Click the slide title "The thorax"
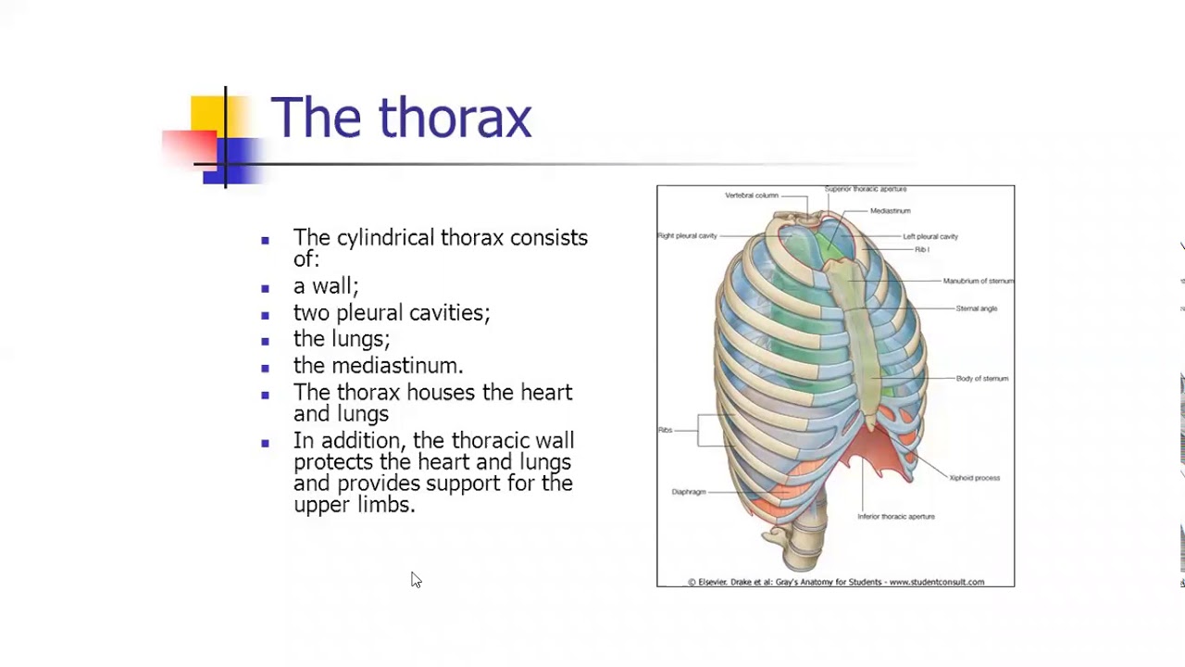pyautogui.click(x=401, y=119)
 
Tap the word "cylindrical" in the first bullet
pyautogui.click(x=386, y=238)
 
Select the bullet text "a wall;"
pyautogui.click(x=326, y=286)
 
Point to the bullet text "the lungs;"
pyautogui.click(x=342, y=339)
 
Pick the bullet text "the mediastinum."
pyautogui.click(x=378, y=366)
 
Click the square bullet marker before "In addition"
pyautogui.click(x=266, y=443)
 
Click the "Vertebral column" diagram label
pyautogui.click(x=751, y=195)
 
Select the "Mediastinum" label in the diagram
pyautogui.click(x=890, y=211)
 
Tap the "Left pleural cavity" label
pyautogui.click(x=929, y=236)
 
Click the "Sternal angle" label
pyautogui.click(x=976, y=308)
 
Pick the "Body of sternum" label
pyautogui.click(x=981, y=379)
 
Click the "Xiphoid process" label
pyautogui.click(x=974, y=478)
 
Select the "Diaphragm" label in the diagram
pyautogui.click(x=688, y=492)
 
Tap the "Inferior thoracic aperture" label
pyautogui.click(x=895, y=517)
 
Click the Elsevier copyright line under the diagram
pyautogui.click(x=835, y=582)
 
